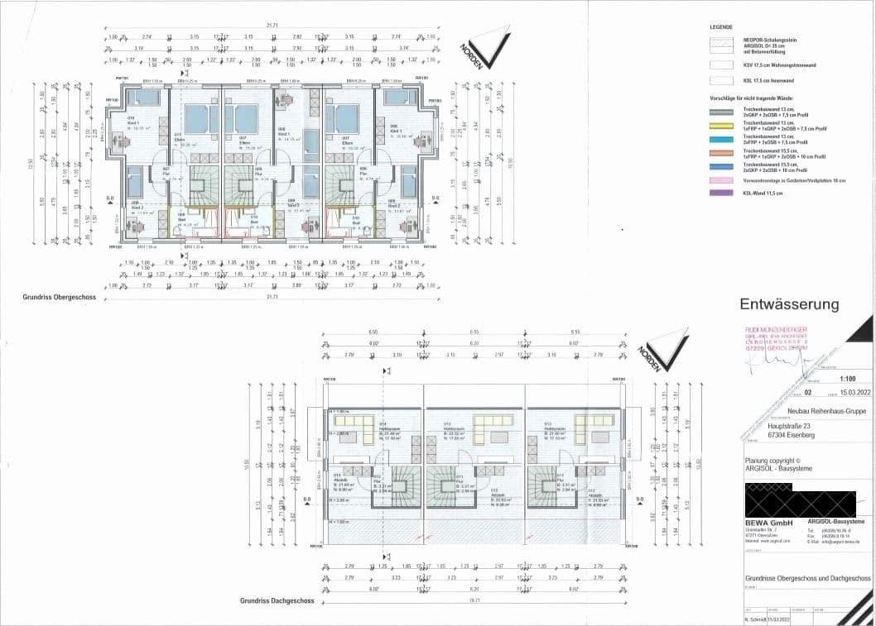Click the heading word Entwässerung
pyautogui.click(x=788, y=304)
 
